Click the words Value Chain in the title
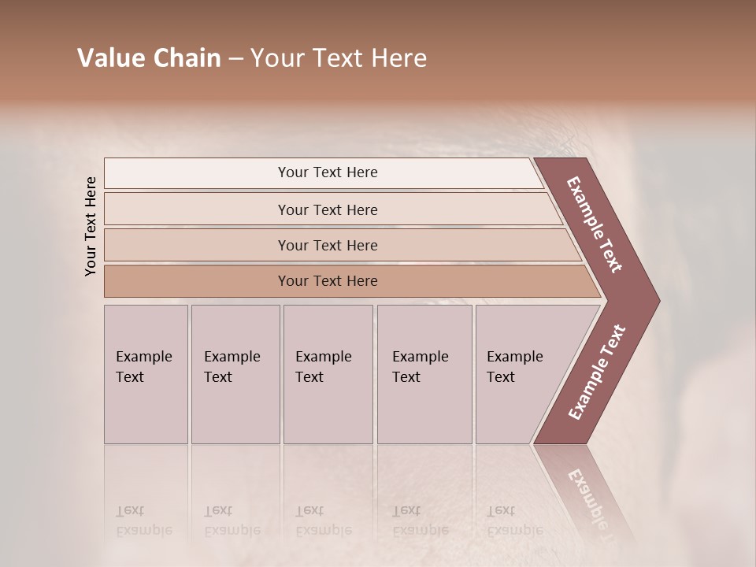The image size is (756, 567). click(x=149, y=58)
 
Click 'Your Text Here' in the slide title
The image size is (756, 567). click(x=339, y=58)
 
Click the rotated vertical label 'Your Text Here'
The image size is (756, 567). click(x=91, y=226)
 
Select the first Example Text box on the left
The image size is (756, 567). click(x=146, y=374)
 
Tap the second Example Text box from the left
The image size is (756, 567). click(x=235, y=374)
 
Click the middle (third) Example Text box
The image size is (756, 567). click(x=328, y=374)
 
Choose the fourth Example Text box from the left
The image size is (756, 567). click(x=424, y=374)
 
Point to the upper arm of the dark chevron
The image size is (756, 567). click(x=595, y=224)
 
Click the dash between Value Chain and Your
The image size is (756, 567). click(x=235, y=59)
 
